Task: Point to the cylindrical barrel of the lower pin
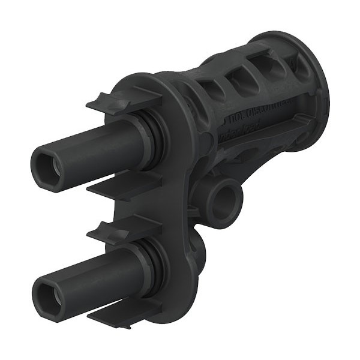[96, 275]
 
